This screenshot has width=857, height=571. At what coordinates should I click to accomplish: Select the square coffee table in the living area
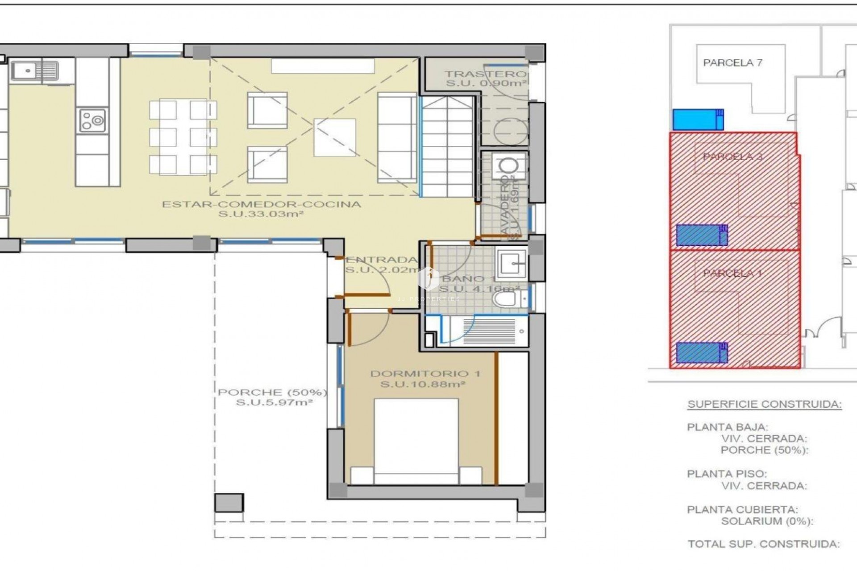(x=335, y=137)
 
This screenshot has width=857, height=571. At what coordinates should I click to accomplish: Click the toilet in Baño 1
(x=507, y=299)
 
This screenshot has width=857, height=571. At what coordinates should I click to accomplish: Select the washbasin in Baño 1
(x=512, y=263)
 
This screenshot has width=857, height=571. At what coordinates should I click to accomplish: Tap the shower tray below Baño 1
(x=489, y=331)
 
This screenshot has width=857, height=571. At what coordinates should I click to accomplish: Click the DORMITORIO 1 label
(x=425, y=374)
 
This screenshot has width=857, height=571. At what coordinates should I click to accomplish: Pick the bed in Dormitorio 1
(x=416, y=442)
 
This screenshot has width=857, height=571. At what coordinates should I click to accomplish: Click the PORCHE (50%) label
(x=273, y=393)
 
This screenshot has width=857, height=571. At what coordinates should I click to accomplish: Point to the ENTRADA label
(x=382, y=260)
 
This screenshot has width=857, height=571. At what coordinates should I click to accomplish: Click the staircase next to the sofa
(x=448, y=147)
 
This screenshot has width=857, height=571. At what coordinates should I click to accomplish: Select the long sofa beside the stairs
(x=397, y=137)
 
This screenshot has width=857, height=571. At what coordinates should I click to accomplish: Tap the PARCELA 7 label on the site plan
(x=732, y=63)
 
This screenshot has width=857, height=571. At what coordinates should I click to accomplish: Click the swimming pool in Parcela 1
(x=701, y=352)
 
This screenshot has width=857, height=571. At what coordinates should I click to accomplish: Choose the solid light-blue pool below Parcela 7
(x=698, y=120)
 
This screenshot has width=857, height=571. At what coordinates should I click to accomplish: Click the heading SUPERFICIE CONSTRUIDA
(x=764, y=405)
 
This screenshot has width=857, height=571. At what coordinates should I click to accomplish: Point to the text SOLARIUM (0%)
(x=767, y=521)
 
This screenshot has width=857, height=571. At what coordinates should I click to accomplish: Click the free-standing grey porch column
(x=229, y=503)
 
